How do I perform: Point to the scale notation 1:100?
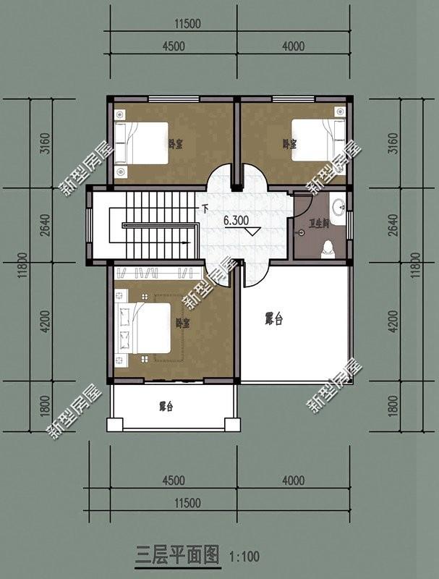244,557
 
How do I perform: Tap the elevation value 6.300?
236,220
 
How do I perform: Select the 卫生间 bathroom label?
320,224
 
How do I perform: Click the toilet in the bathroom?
328,248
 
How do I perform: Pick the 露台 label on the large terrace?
273,318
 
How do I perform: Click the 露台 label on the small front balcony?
166,407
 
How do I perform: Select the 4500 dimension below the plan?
174,481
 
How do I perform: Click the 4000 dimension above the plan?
293,46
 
